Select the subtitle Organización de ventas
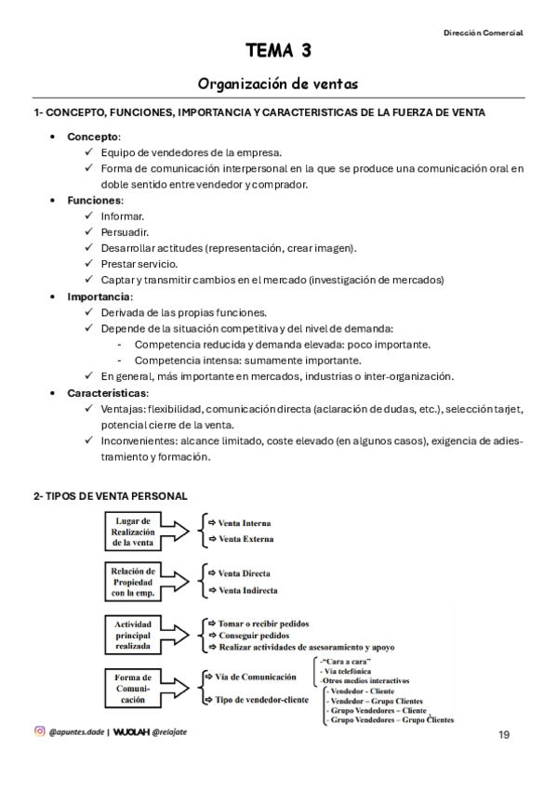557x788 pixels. [279, 85]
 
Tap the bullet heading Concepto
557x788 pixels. [93, 137]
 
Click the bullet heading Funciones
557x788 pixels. [94, 200]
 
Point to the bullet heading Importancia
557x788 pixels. [99, 295]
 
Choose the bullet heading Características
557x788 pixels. [108, 393]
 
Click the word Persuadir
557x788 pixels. [125, 231]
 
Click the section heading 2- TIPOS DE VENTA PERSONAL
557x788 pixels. [110, 496]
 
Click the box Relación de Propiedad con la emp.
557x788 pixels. [135, 581]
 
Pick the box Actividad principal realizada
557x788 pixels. [135, 634]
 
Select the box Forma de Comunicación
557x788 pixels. [135, 688]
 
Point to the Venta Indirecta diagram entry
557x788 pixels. [247, 590]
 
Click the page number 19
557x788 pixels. [503, 735]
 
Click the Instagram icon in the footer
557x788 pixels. [39, 731]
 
